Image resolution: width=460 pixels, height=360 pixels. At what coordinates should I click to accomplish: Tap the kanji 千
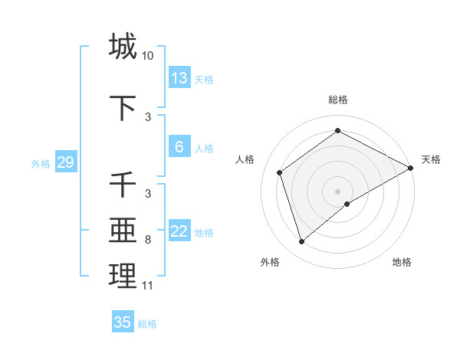(123, 185)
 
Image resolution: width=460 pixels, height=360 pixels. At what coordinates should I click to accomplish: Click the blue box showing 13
(179, 77)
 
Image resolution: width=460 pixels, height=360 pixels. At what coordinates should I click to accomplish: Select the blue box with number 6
(179, 147)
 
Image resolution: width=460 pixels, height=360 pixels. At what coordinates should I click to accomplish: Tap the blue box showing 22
(179, 232)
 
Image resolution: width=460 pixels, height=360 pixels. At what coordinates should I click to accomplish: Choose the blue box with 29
(65, 162)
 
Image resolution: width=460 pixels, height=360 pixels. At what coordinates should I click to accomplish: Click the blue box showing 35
(123, 322)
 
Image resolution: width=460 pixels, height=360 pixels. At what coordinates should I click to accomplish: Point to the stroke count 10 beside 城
(148, 56)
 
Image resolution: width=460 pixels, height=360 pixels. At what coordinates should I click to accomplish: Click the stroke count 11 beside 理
(147, 286)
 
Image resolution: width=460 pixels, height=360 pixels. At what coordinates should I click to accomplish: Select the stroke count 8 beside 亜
(148, 240)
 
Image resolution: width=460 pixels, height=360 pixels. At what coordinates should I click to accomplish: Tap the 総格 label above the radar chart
(338, 100)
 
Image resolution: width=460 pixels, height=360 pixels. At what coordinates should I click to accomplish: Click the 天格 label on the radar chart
(431, 159)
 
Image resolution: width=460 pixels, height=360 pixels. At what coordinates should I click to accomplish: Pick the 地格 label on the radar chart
(402, 262)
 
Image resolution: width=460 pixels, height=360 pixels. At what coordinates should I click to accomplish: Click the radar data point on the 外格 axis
(301, 242)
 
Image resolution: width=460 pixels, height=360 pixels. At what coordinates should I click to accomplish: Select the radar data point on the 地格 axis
(347, 204)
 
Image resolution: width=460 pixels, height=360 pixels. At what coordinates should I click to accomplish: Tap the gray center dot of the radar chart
(338, 191)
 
